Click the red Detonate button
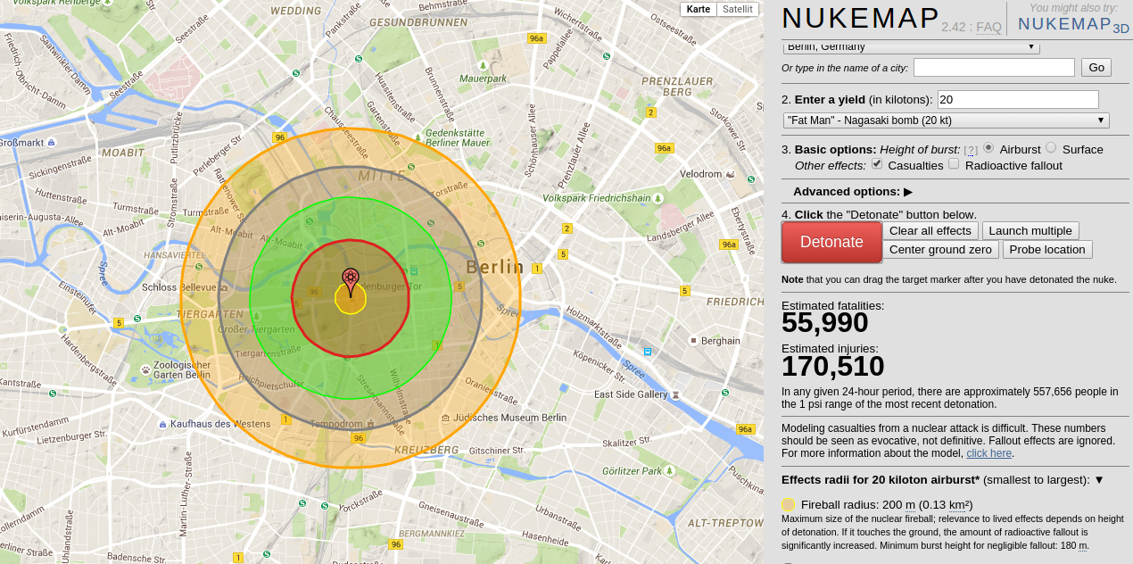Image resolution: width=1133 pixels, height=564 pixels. point(831,242)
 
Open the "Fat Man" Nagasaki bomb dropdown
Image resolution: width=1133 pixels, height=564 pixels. point(946,120)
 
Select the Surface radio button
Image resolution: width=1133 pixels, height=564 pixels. point(1051,148)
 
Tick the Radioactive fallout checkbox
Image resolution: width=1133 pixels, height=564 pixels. point(954,164)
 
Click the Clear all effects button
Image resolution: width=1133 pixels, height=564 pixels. point(930,230)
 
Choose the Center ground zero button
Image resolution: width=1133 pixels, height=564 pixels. point(941,250)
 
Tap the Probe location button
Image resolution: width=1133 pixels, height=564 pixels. point(1047,250)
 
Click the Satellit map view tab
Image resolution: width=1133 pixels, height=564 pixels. point(737,9)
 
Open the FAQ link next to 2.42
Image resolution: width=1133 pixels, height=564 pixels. point(988,27)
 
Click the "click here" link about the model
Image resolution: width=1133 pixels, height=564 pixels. point(988,453)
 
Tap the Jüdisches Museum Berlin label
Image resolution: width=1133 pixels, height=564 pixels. point(509,417)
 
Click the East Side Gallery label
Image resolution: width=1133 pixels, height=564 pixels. point(631,394)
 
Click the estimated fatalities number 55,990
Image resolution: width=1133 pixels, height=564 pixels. point(824,323)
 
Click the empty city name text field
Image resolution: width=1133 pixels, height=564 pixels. point(994,68)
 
